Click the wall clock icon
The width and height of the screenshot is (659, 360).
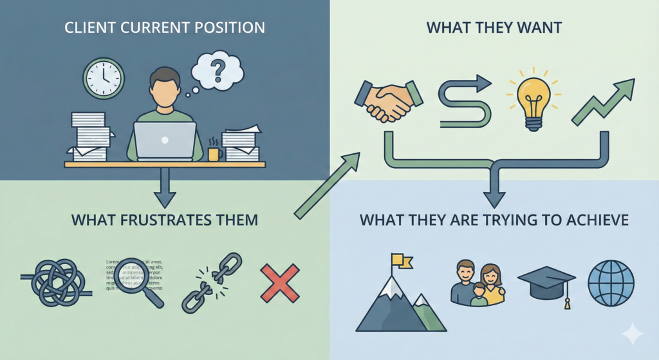[x=103, y=78]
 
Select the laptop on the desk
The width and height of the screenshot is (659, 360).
[x=165, y=141]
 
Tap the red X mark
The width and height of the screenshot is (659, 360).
[x=279, y=283]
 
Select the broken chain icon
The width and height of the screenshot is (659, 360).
[x=211, y=282]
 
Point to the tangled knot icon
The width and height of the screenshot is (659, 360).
[x=58, y=283]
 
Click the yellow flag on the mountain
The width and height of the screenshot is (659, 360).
[x=403, y=260]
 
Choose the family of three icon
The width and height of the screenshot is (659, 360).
[x=477, y=284]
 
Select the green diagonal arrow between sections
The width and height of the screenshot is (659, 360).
[x=327, y=185]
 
